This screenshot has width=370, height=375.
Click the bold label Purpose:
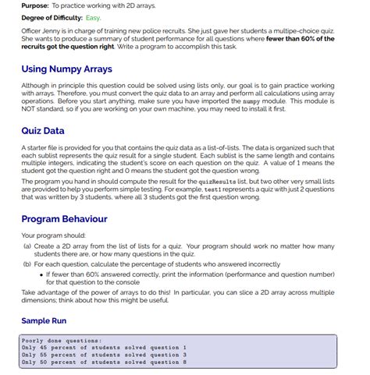pos(36,5)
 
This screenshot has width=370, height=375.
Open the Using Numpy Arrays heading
pos(67,69)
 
